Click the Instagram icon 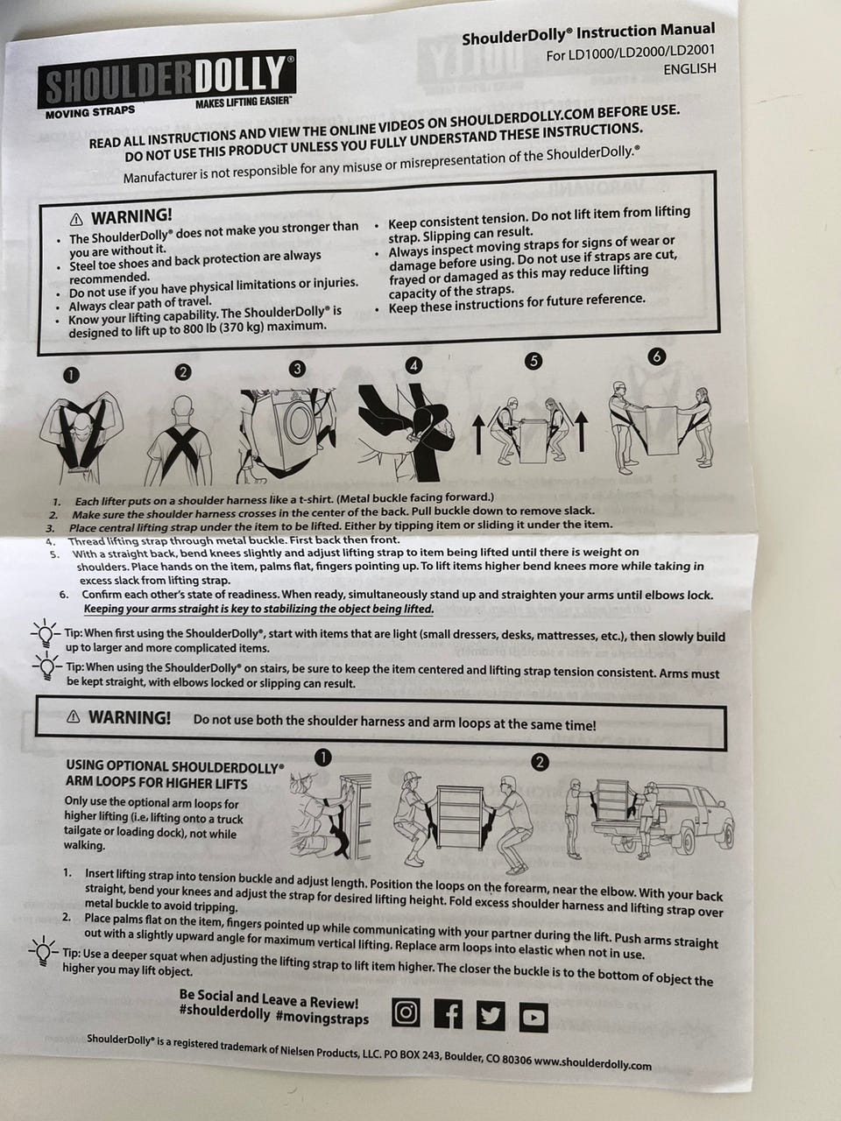click(x=406, y=1012)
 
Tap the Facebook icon click(x=448, y=1014)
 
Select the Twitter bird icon click(x=491, y=1015)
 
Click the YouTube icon click(x=534, y=1018)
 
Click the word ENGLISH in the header click(x=689, y=68)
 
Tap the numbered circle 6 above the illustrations click(x=656, y=356)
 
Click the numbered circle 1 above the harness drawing click(x=72, y=376)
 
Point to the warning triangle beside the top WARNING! click(x=76, y=220)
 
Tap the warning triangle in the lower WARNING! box click(x=74, y=717)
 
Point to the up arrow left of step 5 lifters click(x=478, y=434)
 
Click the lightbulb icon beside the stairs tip click(x=46, y=666)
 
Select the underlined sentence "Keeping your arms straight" click(x=258, y=609)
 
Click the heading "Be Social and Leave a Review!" click(x=269, y=999)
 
